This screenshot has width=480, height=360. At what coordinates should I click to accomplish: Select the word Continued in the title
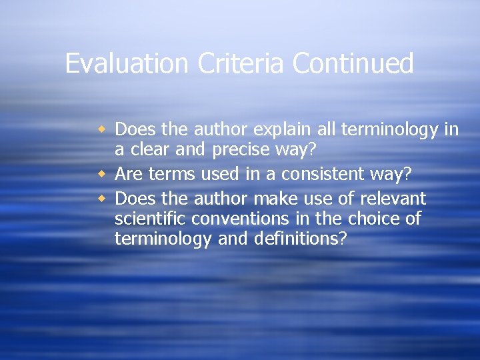[x=354, y=64]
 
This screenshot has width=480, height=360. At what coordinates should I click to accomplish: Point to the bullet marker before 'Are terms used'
[x=103, y=174]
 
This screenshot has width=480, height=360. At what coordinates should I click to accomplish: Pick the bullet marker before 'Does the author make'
[x=103, y=199]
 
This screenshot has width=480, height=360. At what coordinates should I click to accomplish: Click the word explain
[x=275, y=129]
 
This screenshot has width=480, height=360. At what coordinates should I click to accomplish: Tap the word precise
[x=237, y=151]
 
